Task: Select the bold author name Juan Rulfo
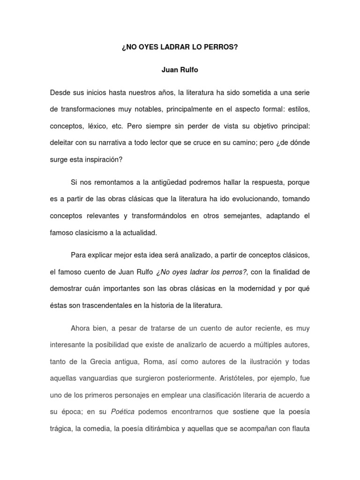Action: click(180, 70)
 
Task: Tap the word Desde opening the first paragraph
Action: click(61, 92)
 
